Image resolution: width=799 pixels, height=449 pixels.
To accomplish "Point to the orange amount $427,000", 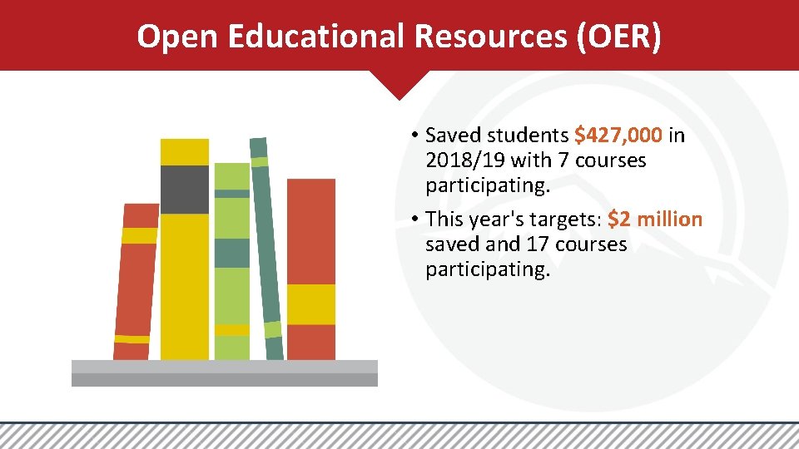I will [x=618, y=135].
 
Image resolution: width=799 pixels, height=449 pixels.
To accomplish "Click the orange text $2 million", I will [x=655, y=220].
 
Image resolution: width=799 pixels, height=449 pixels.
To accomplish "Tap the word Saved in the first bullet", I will [x=454, y=135].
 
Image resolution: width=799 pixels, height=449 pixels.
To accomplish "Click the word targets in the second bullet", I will [x=565, y=220].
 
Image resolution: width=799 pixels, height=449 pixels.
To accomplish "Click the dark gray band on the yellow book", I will [x=185, y=190].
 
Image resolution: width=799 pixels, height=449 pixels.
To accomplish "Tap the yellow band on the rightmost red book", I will [x=311, y=303].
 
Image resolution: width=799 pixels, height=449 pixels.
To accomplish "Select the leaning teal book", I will [x=267, y=249].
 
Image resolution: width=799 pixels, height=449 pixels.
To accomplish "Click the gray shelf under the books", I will [x=225, y=373].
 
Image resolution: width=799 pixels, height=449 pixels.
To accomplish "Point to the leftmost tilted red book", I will [x=135, y=283].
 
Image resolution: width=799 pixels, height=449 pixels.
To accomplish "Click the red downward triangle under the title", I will [x=399, y=84].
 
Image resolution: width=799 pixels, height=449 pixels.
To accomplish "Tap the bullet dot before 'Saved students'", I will [x=413, y=136].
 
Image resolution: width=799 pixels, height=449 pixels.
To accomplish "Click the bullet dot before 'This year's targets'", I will [x=413, y=220].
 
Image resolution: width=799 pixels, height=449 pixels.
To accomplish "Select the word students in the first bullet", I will [x=529, y=135].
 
